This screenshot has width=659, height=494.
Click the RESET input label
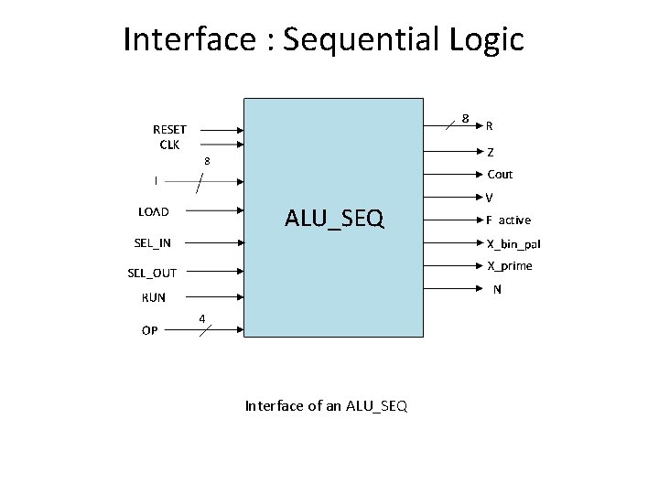point(169,130)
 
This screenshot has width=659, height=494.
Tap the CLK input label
point(169,144)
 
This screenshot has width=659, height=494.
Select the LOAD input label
point(154,212)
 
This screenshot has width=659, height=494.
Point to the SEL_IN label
point(152,242)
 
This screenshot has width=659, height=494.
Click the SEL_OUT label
point(152,273)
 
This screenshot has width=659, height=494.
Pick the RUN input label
point(154,297)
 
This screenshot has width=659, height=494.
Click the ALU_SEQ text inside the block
point(334,218)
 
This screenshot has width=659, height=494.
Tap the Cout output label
point(500,174)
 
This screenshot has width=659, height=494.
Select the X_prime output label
point(509,266)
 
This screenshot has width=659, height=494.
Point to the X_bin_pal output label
point(513,243)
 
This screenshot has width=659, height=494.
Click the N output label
point(497,290)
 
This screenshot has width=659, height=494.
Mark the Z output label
point(492,152)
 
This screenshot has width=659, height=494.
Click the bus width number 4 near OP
point(203,318)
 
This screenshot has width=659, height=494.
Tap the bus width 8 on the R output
point(465,119)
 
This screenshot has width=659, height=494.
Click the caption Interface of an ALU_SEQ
point(326,406)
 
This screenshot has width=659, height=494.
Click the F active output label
point(508,220)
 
